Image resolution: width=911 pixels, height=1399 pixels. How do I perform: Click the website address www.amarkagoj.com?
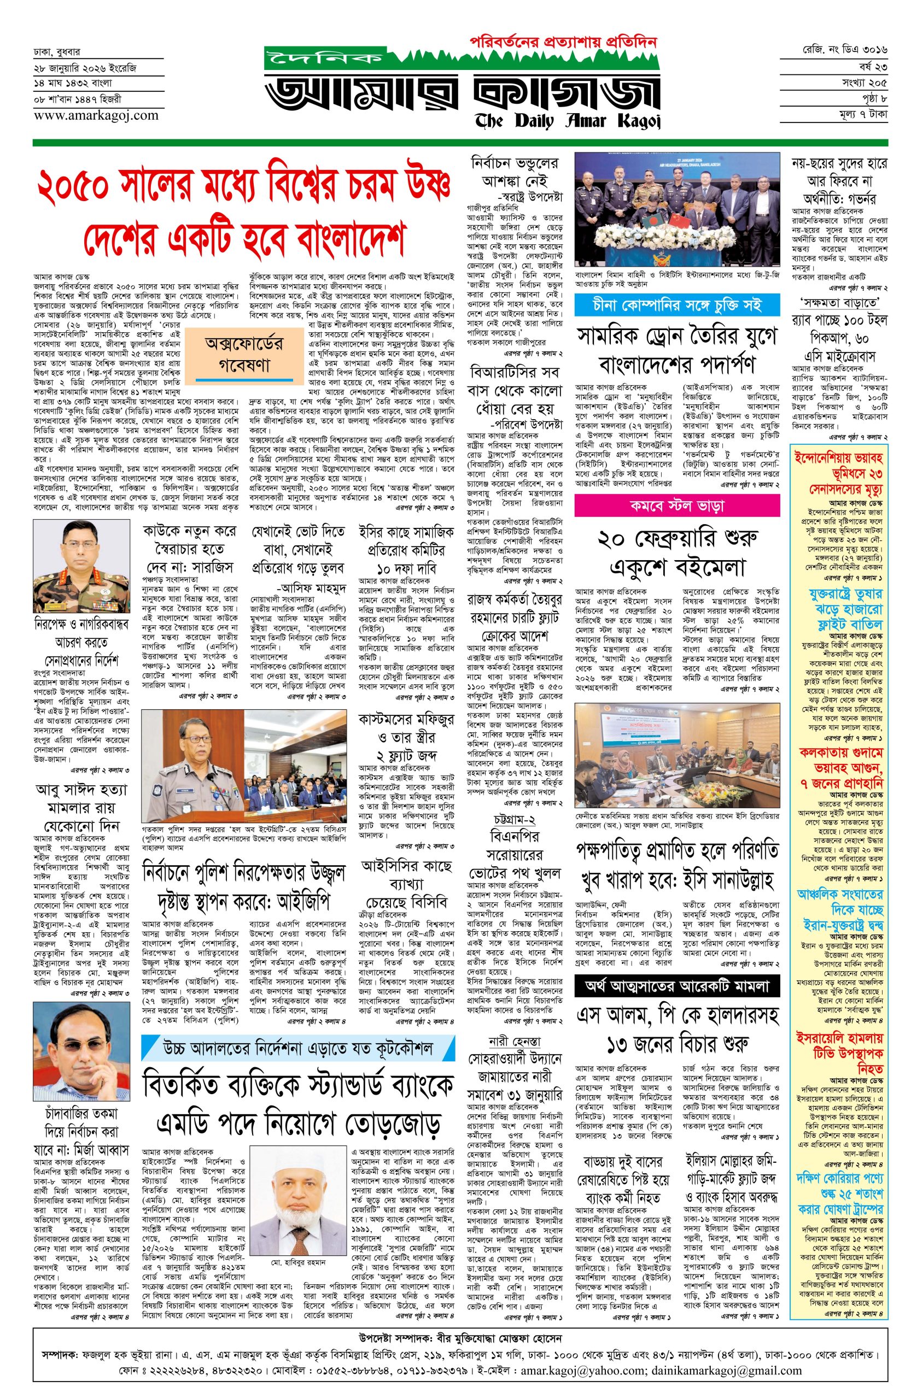96,115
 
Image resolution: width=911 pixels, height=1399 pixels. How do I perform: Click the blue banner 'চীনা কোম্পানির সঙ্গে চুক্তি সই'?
677,304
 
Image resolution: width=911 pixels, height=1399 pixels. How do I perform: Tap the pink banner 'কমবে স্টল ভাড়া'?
677,505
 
